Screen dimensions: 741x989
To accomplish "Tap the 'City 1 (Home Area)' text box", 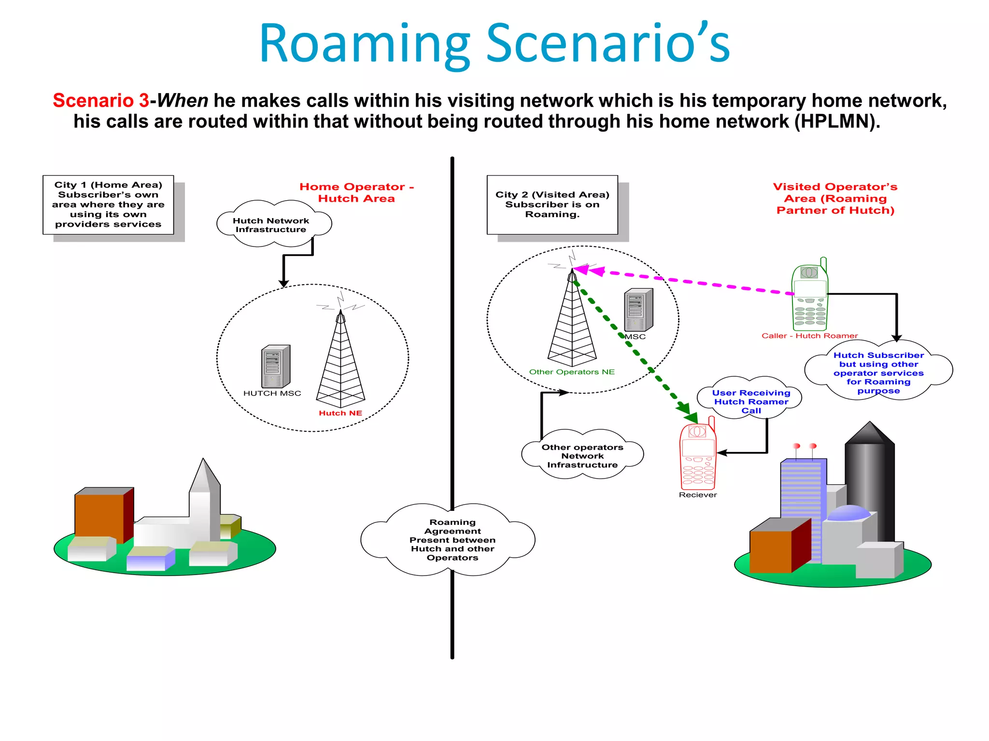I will coord(108,205).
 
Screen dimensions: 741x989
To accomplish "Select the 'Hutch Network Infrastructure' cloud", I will coord(271,225).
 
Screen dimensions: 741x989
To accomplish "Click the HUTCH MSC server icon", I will coord(275,367).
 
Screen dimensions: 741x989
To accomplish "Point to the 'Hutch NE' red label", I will coord(340,413).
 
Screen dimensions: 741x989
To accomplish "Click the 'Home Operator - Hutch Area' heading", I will coord(356,192).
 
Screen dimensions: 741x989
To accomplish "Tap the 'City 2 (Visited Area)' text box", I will coord(552,205).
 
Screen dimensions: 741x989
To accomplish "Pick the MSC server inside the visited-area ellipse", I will coord(638,310).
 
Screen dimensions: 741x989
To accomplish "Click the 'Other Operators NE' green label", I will coord(572,372).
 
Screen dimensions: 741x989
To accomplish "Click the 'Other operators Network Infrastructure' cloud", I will coord(582,456).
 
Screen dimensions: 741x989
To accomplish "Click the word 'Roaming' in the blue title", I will coord(365,44).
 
